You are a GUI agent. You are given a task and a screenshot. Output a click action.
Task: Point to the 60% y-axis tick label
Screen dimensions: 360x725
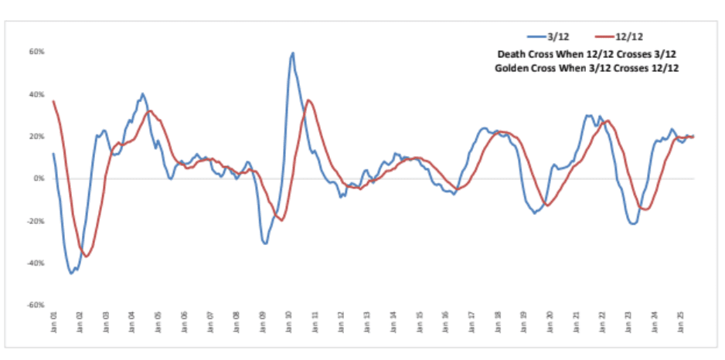(x=36, y=53)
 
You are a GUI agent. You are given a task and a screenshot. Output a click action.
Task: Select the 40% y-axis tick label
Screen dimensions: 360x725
(x=36, y=95)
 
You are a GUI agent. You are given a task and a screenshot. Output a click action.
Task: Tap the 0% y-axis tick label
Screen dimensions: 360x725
(x=39, y=178)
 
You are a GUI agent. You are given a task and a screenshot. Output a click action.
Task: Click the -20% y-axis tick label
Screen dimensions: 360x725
(x=36, y=221)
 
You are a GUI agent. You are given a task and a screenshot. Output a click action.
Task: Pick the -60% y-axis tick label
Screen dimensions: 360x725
(x=36, y=305)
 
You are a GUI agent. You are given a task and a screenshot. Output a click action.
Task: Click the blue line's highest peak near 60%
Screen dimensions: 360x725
(x=293, y=53)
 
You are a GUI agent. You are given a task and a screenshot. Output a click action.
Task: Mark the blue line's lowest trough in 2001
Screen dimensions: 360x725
(x=71, y=273)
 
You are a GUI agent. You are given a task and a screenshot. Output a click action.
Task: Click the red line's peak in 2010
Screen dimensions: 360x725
(x=308, y=100)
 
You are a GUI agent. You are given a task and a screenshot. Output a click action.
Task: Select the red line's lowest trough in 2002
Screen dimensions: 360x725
(x=87, y=256)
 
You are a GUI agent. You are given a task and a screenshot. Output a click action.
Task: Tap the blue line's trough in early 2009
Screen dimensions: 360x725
(x=265, y=243)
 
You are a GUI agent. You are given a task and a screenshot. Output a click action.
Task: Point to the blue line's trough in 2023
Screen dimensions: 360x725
(x=634, y=224)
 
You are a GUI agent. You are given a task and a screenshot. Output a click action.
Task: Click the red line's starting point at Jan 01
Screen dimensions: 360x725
(x=53, y=100)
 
